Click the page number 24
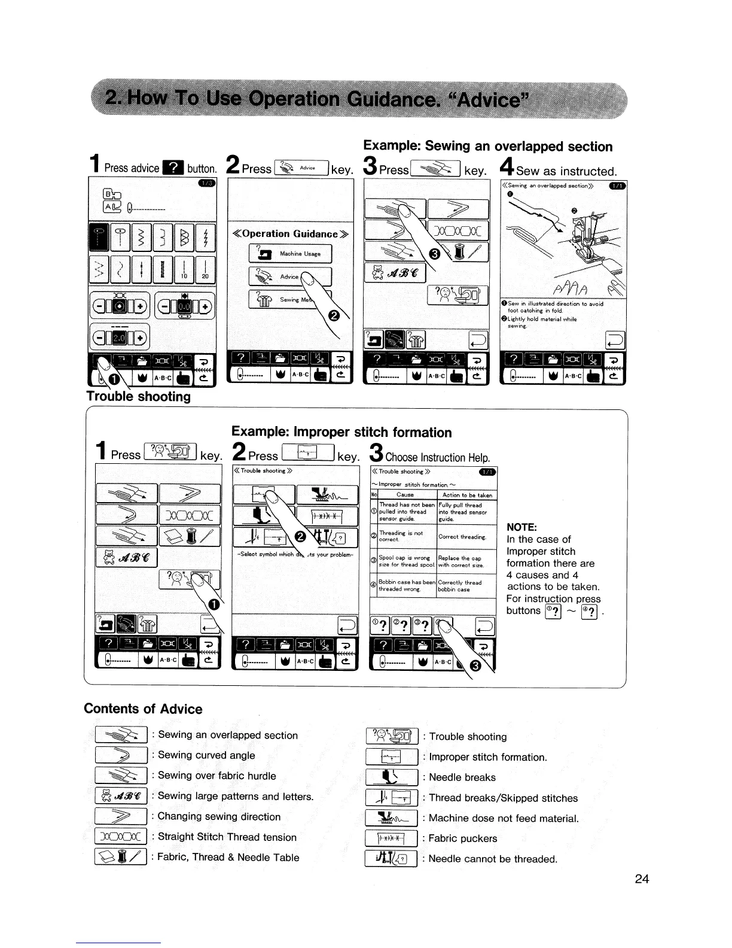tap(642, 879)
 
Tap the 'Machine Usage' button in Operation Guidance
tap(290, 254)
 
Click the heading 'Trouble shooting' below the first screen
tap(139, 396)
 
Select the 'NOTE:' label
tap(521, 527)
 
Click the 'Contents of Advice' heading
tap(143, 709)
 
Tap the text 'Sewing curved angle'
tap(206, 755)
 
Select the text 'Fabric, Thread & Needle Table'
tap(228, 857)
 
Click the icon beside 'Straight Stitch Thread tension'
tap(121, 837)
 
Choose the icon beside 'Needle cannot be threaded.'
tap(391, 859)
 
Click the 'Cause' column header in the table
tap(405, 495)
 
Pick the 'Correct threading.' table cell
tap(462, 537)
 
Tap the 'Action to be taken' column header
tap(467, 495)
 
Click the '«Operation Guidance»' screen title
tap(291, 233)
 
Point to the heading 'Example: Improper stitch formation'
tap(341, 432)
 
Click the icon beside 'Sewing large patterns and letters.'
tap(121, 796)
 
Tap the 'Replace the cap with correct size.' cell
tap(460, 561)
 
